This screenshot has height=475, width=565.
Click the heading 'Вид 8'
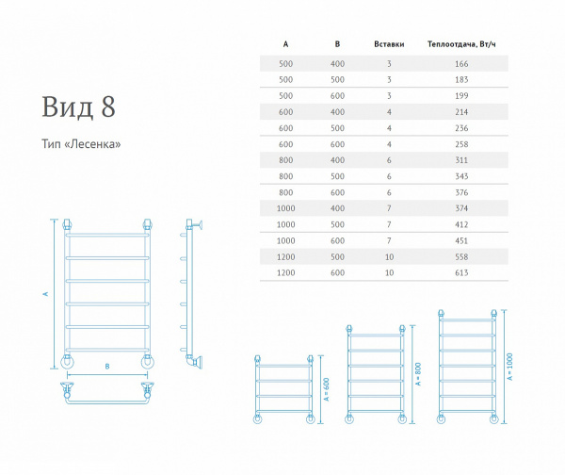[78, 106]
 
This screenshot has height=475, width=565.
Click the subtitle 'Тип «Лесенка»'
[81, 144]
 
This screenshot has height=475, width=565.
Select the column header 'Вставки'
[389, 44]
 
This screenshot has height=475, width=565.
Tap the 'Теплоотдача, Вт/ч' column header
[461, 44]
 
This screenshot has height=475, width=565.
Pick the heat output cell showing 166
[461, 64]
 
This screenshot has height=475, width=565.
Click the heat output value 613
[461, 272]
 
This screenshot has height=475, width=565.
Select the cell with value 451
[461, 240]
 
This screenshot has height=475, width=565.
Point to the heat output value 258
[461, 144]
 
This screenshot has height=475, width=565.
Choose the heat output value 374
[461, 208]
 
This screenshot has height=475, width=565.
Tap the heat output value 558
[461, 256]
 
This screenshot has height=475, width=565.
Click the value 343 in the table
[461, 176]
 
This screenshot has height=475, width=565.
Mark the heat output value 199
[461, 96]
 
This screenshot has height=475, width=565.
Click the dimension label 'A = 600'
[327, 389]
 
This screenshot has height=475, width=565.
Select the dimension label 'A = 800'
[418, 374]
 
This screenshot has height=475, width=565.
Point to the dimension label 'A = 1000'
[509, 367]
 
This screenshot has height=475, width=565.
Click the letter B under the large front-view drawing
[107, 367]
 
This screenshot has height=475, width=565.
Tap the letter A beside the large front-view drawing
[45, 294]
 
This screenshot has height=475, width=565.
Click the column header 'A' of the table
[285, 44]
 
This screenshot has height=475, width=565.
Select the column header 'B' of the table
[337, 44]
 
